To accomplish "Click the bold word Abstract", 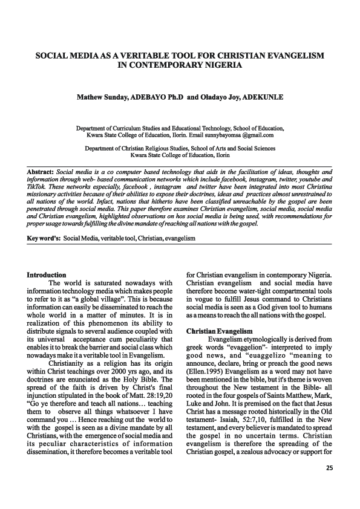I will [41, 172].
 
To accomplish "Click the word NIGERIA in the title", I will [217, 64].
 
